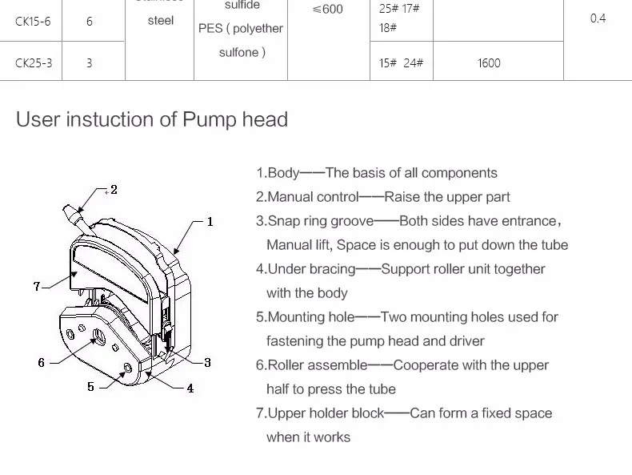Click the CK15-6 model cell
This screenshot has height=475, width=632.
pyautogui.click(x=33, y=22)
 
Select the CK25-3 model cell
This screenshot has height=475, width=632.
pyautogui.click(x=33, y=62)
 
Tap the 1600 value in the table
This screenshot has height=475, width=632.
pyautogui.click(x=489, y=62)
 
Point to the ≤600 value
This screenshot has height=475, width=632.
pyautogui.click(x=327, y=10)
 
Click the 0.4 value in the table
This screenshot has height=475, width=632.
pyautogui.click(x=598, y=18)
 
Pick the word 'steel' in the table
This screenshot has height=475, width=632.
pyautogui.click(x=160, y=21)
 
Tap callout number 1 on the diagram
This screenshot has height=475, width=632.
pyautogui.click(x=210, y=221)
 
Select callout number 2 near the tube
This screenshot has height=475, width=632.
pyautogui.click(x=114, y=190)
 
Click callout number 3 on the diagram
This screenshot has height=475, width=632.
pyautogui.click(x=207, y=362)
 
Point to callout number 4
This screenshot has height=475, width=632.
pyautogui.click(x=190, y=388)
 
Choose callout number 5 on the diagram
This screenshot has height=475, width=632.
pyautogui.click(x=91, y=387)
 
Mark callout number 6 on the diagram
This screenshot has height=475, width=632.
pyautogui.click(x=42, y=362)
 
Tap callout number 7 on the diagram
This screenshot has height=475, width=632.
pyautogui.click(x=37, y=286)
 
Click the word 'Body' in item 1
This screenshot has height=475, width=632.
pyautogui.click(x=282, y=173)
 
